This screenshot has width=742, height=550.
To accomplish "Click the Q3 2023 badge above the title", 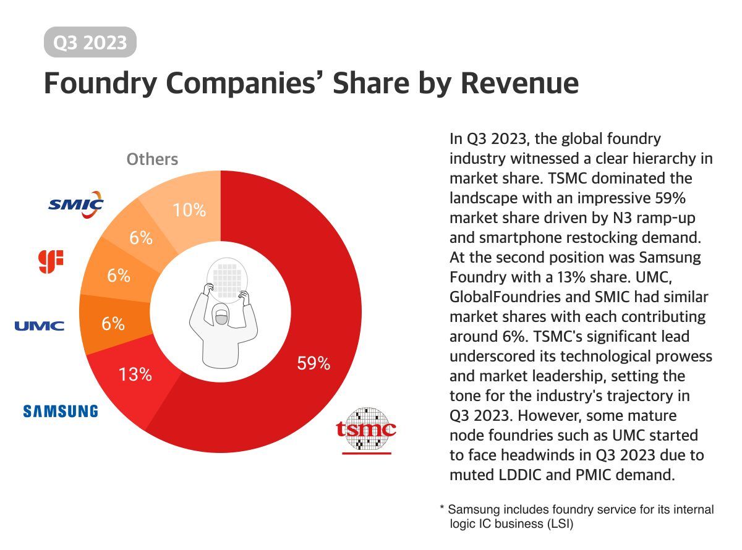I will (x=90, y=43).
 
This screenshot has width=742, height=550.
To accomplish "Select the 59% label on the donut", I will (x=313, y=364).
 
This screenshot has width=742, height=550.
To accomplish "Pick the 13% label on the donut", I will (x=135, y=374).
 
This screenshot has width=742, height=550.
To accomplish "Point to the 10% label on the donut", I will (x=189, y=210).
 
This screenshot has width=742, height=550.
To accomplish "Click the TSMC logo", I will (x=366, y=428).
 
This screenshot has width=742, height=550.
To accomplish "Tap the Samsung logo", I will (x=60, y=411).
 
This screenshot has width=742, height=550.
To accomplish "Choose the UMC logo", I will (x=40, y=326).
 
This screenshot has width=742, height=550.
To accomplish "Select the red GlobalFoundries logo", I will (x=51, y=261).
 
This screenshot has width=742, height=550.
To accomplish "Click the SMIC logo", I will (x=76, y=204).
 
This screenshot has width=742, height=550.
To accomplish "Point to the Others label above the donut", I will (x=152, y=159).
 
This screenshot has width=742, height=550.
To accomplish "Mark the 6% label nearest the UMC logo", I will (x=113, y=323).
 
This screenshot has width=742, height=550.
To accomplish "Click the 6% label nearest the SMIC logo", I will (x=141, y=238).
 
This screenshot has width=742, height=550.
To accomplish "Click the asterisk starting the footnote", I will (x=442, y=510).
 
